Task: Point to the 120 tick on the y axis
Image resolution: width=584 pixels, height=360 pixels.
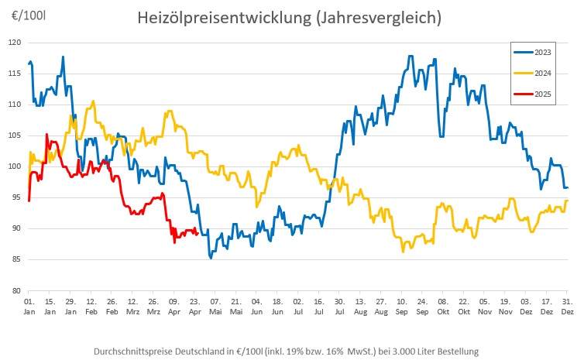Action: (x=13, y=42)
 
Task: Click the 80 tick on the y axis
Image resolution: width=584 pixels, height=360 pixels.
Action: (x=15, y=290)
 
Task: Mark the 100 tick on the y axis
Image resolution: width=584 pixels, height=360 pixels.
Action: (x=13, y=166)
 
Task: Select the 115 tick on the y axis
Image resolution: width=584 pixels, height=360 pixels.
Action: (x=13, y=73)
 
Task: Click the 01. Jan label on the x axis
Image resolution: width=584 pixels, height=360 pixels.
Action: (x=29, y=304)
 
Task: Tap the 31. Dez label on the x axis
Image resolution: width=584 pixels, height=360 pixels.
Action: (x=567, y=304)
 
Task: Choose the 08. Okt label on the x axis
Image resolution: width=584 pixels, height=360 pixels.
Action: (x=442, y=304)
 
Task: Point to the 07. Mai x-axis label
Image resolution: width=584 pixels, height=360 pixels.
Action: (x=215, y=304)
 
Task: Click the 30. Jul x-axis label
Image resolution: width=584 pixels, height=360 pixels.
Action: (x=339, y=304)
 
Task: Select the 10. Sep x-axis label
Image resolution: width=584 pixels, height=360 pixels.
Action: (x=401, y=304)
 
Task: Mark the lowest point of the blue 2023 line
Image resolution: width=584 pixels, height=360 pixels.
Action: (x=211, y=257)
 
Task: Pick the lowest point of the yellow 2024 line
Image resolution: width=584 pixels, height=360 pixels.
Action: (x=403, y=252)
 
